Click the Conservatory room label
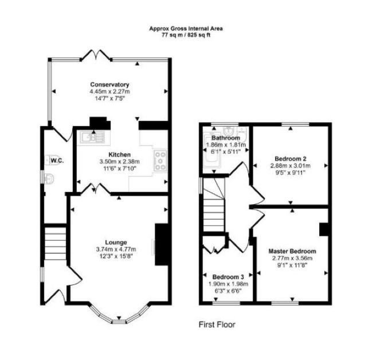tap(109, 84)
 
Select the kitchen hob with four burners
tap(160, 160)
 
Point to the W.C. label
tap(57, 161)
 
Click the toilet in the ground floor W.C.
tap(52, 160)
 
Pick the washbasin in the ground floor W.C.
tap(48, 178)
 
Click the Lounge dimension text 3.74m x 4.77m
tap(116, 249)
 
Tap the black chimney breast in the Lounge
tap(162, 244)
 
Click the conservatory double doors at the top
tap(96, 55)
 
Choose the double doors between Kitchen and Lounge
tap(95, 189)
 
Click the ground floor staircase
tap(56, 244)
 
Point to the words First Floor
tap(217, 324)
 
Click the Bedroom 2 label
tap(290, 158)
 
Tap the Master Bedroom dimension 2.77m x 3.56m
tap(292, 258)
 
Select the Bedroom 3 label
tap(228, 277)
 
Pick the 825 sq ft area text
tap(199, 35)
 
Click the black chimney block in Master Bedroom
tap(324, 229)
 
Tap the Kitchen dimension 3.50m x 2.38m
tap(120, 162)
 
